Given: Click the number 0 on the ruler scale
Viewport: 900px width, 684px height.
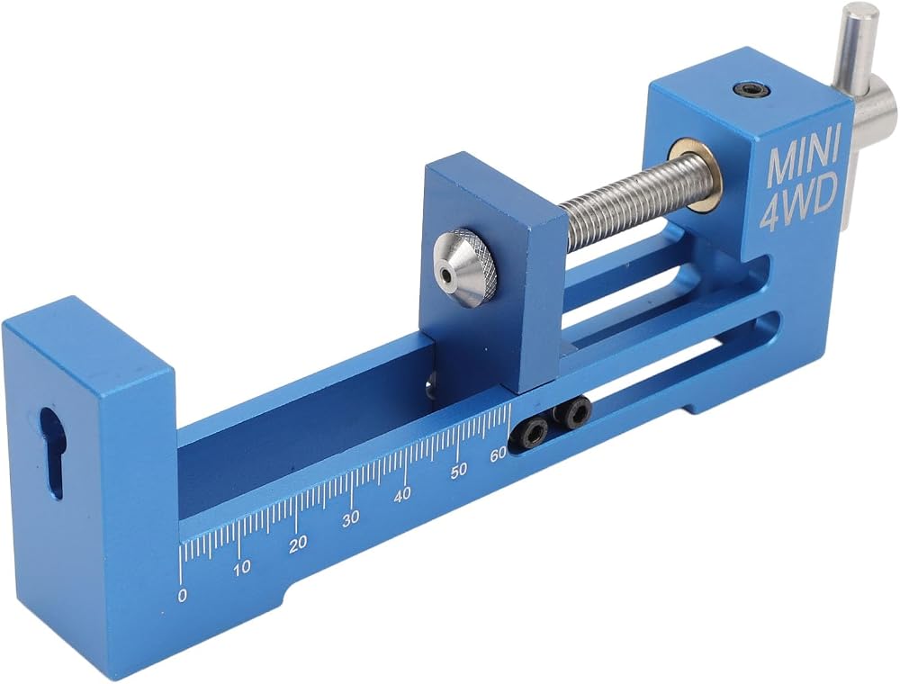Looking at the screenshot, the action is coord(183,596).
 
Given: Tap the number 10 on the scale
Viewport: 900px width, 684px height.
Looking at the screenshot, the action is coord(242,568).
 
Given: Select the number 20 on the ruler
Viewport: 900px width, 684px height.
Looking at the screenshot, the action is coord(298,543).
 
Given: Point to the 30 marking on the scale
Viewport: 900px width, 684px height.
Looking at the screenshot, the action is coord(351,518).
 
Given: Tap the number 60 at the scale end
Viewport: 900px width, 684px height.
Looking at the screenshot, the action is coord(498,454).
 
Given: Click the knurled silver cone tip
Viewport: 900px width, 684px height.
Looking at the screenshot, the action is coord(465,265).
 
